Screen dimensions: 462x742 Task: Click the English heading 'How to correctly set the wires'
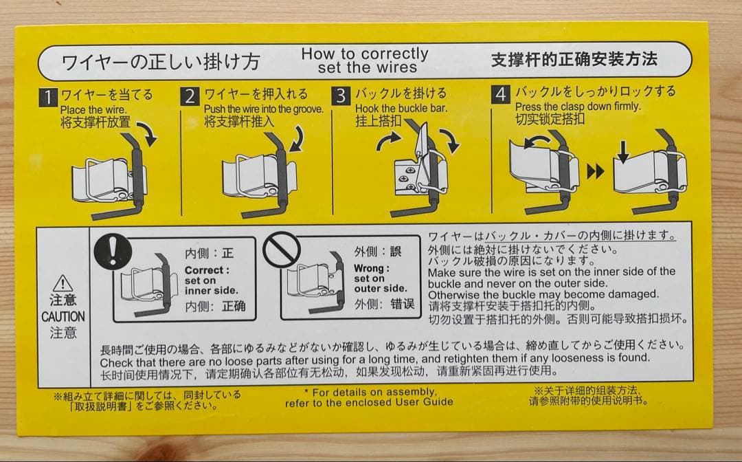(x=365, y=60)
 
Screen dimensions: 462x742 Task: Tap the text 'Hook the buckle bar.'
(x=401, y=109)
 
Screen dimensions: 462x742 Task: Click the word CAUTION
(x=63, y=317)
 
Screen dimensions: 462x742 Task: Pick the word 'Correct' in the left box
(x=205, y=271)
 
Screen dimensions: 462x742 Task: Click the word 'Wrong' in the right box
(x=371, y=268)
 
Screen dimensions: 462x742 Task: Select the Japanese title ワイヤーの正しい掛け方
(x=161, y=63)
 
